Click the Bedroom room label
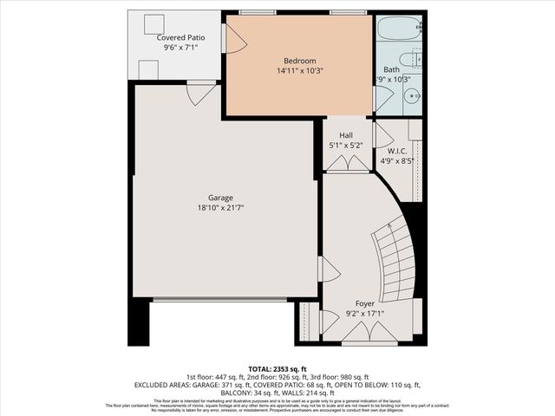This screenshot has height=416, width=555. pyautogui.click(x=299, y=61)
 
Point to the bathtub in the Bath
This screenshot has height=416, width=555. pyautogui.click(x=399, y=28)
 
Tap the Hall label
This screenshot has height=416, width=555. pyautogui.click(x=346, y=135)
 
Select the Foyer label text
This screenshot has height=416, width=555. pyautogui.click(x=365, y=303)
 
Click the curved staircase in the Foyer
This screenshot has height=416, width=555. pyautogui.click(x=397, y=260)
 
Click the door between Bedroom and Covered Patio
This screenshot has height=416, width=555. pyautogui.click(x=231, y=39)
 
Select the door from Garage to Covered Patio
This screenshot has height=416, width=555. pyautogui.click(x=201, y=91)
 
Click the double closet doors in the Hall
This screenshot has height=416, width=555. pyautogui.click(x=347, y=163)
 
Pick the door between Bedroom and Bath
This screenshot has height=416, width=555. pyautogui.click(x=382, y=97)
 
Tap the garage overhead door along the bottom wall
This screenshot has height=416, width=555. pyautogui.click(x=219, y=300)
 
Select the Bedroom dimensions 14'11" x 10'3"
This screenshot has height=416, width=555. pyautogui.click(x=299, y=71)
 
